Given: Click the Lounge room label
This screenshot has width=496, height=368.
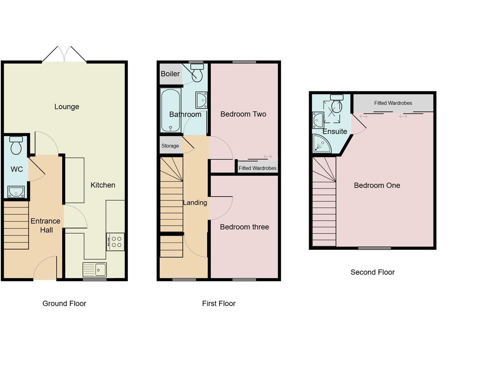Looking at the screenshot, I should coord(67,107).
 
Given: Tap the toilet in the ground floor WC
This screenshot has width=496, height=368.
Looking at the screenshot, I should coord(16,145).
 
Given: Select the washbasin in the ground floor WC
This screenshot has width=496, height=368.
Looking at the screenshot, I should coord(16,192).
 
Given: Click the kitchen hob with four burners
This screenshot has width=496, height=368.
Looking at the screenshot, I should coord(115,242).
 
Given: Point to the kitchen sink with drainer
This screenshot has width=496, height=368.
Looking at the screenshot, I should coord(95,270).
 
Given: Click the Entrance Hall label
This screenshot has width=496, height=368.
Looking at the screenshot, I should coord(46,226).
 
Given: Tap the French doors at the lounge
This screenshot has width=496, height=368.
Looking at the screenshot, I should coord(64,55).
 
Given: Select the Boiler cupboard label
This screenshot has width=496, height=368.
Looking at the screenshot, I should coord(170,74).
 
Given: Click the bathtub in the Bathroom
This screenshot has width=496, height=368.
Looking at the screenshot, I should coord(170,110).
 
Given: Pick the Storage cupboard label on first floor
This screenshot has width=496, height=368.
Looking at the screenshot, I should coord(170,146).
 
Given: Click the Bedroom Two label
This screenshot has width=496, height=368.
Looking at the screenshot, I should coord(243,114).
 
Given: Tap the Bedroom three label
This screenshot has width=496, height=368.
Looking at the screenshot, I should coord(244,227).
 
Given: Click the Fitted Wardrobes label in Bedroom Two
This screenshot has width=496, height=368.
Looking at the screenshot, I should coord(257,168).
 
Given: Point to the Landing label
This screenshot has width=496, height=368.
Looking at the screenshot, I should coord(195,203).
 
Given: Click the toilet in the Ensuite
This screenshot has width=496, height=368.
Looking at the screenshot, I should coord(336,104).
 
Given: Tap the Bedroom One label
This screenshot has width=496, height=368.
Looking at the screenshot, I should coord(377,185).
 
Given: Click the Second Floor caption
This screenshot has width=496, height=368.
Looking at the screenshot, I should coord(372,272).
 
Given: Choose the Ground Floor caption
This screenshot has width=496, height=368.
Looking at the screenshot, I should coord(64,304).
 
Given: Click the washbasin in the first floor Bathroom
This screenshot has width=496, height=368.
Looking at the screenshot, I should coord(201,100).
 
